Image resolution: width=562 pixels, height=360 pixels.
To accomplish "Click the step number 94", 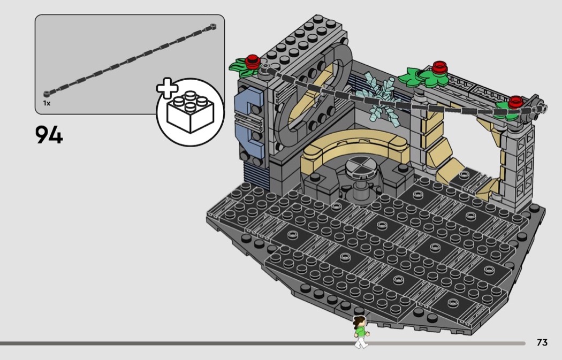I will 49,135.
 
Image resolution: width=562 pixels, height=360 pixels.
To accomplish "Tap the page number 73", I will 542,342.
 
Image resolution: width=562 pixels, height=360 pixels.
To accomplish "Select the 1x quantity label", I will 47,103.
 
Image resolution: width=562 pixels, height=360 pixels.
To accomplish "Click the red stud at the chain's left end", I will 253,60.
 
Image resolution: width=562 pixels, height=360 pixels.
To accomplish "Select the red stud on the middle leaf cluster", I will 439,67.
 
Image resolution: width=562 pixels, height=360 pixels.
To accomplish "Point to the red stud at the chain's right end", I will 516,102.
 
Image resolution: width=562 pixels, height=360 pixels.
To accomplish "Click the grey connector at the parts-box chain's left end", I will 47,94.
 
